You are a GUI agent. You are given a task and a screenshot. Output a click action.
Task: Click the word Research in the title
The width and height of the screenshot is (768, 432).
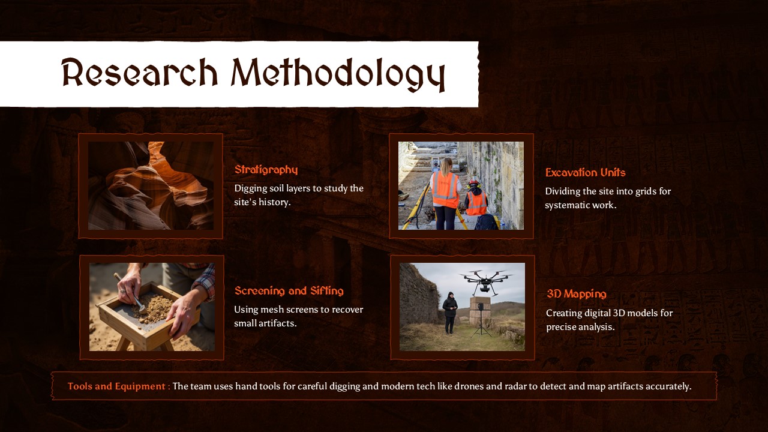(x=140, y=74)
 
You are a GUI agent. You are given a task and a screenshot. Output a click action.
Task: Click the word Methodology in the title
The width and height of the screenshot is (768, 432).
(x=338, y=75)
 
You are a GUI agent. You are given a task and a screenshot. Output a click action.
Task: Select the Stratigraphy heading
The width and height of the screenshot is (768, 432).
(x=266, y=170)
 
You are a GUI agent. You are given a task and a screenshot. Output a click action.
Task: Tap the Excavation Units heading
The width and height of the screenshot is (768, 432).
(x=585, y=173)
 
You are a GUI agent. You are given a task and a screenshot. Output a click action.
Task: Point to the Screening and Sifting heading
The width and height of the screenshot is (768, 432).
(x=289, y=291)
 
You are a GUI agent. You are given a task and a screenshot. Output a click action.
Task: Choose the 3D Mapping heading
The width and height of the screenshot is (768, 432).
(x=576, y=294)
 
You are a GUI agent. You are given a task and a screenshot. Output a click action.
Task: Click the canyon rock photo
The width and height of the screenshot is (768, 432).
(x=151, y=185)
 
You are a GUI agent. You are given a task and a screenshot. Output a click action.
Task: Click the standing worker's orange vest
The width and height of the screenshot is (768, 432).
(x=445, y=189)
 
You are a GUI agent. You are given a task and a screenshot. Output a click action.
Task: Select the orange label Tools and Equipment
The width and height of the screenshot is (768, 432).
(x=118, y=386)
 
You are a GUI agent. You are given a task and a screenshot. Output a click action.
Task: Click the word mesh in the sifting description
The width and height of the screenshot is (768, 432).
(x=274, y=310)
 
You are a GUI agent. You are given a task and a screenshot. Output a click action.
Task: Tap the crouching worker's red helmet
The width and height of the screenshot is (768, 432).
(x=473, y=182)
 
